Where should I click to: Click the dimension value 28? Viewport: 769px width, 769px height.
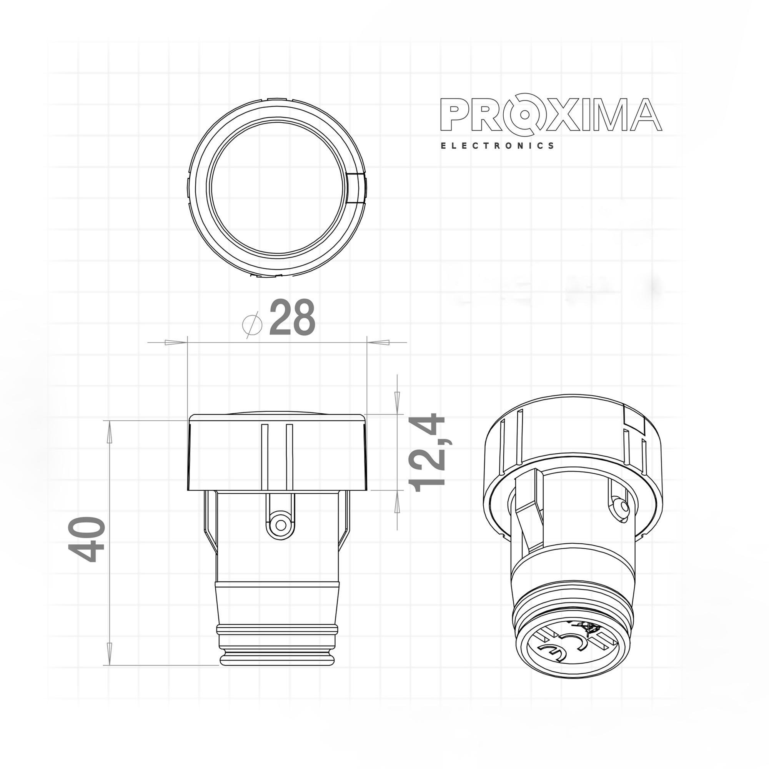[292, 318]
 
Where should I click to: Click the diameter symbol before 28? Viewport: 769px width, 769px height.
[253, 324]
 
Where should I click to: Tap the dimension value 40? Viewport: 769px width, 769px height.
[87, 539]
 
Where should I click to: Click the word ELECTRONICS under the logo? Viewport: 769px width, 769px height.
[497, 146]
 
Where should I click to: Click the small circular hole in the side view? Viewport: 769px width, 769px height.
[281, 524]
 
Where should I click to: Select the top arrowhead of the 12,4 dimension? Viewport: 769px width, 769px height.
[397, 398]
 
